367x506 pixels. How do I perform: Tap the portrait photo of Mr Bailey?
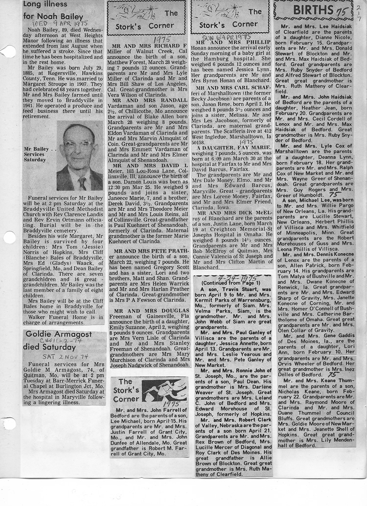(x=79, y=156)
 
